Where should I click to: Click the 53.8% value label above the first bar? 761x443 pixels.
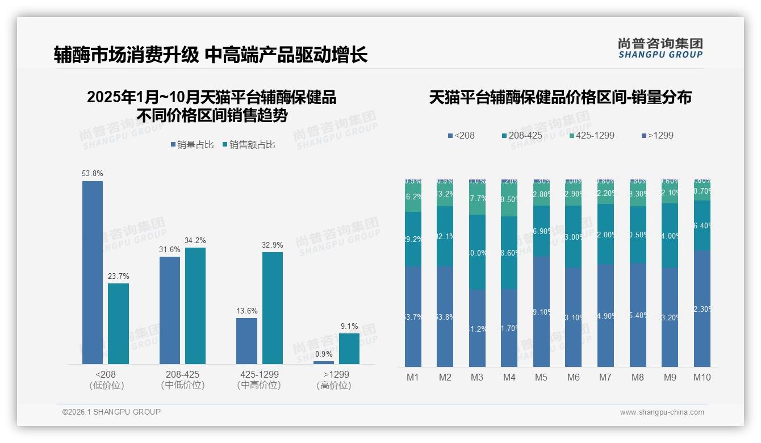coord(93,174)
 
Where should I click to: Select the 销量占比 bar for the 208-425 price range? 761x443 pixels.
coord(170,310)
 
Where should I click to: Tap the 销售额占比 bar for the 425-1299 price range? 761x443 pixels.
coord(272,308)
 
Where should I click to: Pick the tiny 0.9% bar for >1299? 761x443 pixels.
coord(324,362)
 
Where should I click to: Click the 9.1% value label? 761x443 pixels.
coord(349,326)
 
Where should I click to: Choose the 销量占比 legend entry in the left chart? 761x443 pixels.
coord(192,145)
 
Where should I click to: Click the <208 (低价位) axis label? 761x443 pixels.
coord(106,380)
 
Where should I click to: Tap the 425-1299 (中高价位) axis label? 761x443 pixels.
coord(259,380)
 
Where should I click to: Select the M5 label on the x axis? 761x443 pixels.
coord(541,377)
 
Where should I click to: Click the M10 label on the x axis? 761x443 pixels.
coord(702,377)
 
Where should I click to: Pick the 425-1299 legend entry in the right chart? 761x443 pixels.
coord(591,136)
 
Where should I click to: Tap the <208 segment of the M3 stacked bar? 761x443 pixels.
coord(477,328)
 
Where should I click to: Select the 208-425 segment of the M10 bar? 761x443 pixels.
coord(702,225)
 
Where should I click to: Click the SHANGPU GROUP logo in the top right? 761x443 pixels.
coord(660,48)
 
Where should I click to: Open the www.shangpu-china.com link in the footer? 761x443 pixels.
coord(662,412)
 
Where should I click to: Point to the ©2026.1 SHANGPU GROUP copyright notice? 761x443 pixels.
coord(111,412)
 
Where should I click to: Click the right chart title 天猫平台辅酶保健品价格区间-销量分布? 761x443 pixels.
coord(560,98)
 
